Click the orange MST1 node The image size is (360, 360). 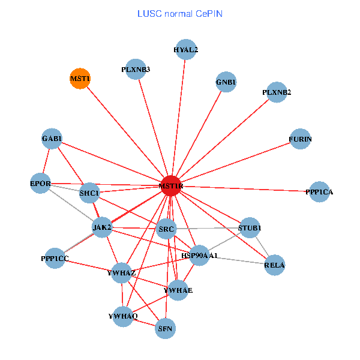click(x=80, y=79)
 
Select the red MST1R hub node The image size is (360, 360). click(x=171, y=186)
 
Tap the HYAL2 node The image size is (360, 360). click(x=185, y=50)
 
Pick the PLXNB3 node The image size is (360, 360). click(x=136, y=69)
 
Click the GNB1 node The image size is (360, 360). click(x=226, y=82)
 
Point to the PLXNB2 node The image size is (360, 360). click(x=277, y=92)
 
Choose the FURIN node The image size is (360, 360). click(x=300, y=139)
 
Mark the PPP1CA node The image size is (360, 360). click(x=319, y=192)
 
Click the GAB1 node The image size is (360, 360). click(x=52, y=139)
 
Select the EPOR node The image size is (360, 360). click(x=41, y=183)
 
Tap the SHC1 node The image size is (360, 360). click(x=89, y=193)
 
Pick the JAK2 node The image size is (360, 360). click(x=103, y=227)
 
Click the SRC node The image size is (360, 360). click(x=166, y=229)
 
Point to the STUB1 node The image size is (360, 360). click(x=250, y=227)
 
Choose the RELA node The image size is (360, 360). click(x=274, y=265)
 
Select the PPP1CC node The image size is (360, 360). click(x=55, y=258)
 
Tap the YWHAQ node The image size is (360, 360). click(x=123, y=316)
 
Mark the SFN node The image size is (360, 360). click(x=165, y=328)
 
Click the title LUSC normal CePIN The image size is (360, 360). click(x=180, y=14)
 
